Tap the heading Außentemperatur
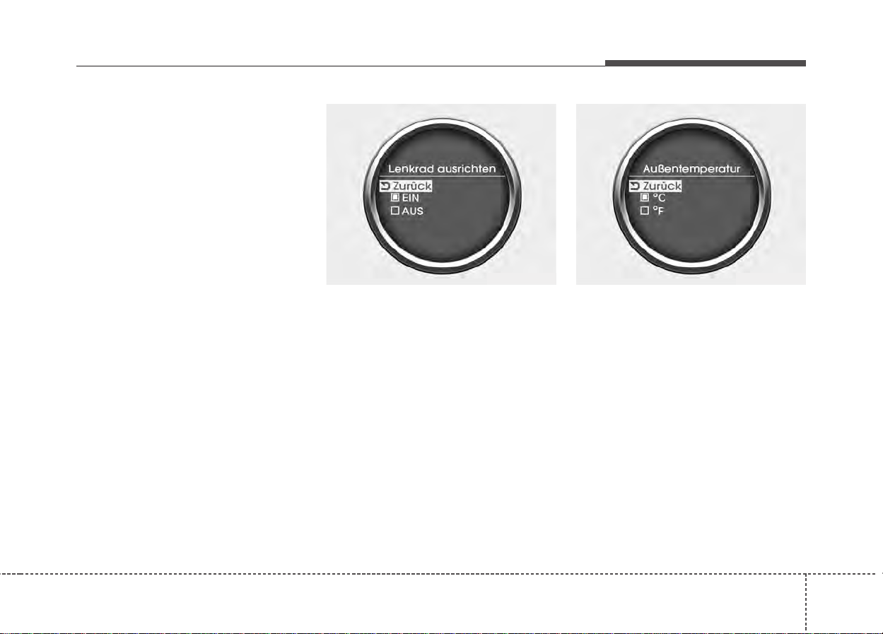(x=691, y=169)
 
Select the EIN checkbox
(x=395, y=197)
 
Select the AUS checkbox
(x=395, y=211)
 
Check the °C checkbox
(x=645, y=197)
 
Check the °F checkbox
(x=645, y=211)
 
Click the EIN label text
(x=410, y=198)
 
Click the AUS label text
(x=412, y=211)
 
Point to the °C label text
(x=659, y=198)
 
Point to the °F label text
(x=658, y=211)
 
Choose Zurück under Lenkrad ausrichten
(x=412, y=186)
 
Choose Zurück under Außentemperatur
(x=662, y=186)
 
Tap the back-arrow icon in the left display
(x=385, y=186)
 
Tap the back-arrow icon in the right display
(x=635, y=186)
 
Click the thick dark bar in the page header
(x=706, y=63)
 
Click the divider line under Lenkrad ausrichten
(x=442, y=176)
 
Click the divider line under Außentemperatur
(x=691, y=176)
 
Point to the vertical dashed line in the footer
(x=806, y=604)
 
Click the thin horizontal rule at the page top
(x=341, y=66)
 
